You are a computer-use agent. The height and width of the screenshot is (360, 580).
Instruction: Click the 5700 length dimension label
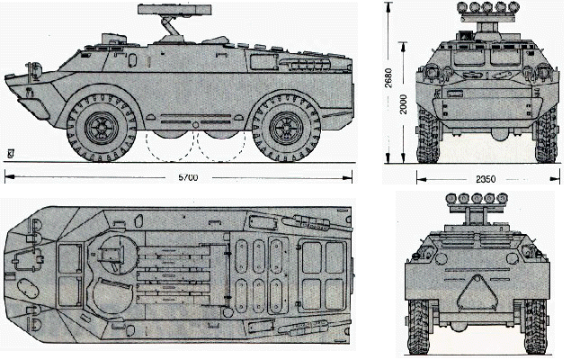point(186,176)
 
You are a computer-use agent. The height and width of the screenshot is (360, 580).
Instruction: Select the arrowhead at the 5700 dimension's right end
point(351,176)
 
